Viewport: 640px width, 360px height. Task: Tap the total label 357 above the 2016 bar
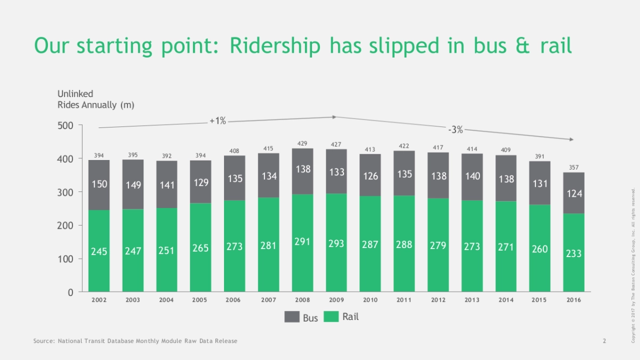point(574,167)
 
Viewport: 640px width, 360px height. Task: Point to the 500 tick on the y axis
point(66,126)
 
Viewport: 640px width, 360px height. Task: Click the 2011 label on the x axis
point(404,300)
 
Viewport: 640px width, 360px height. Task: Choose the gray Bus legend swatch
point(291,317)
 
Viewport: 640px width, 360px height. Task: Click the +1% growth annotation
point(218,121)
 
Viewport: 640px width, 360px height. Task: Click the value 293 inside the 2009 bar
point(336,244)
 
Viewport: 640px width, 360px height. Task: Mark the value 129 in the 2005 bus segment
point(201,182)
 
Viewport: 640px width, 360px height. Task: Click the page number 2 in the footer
point(604,341)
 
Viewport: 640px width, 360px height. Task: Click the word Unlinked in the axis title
point(75,94)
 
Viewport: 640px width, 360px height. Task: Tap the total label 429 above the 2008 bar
point(302,143)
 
